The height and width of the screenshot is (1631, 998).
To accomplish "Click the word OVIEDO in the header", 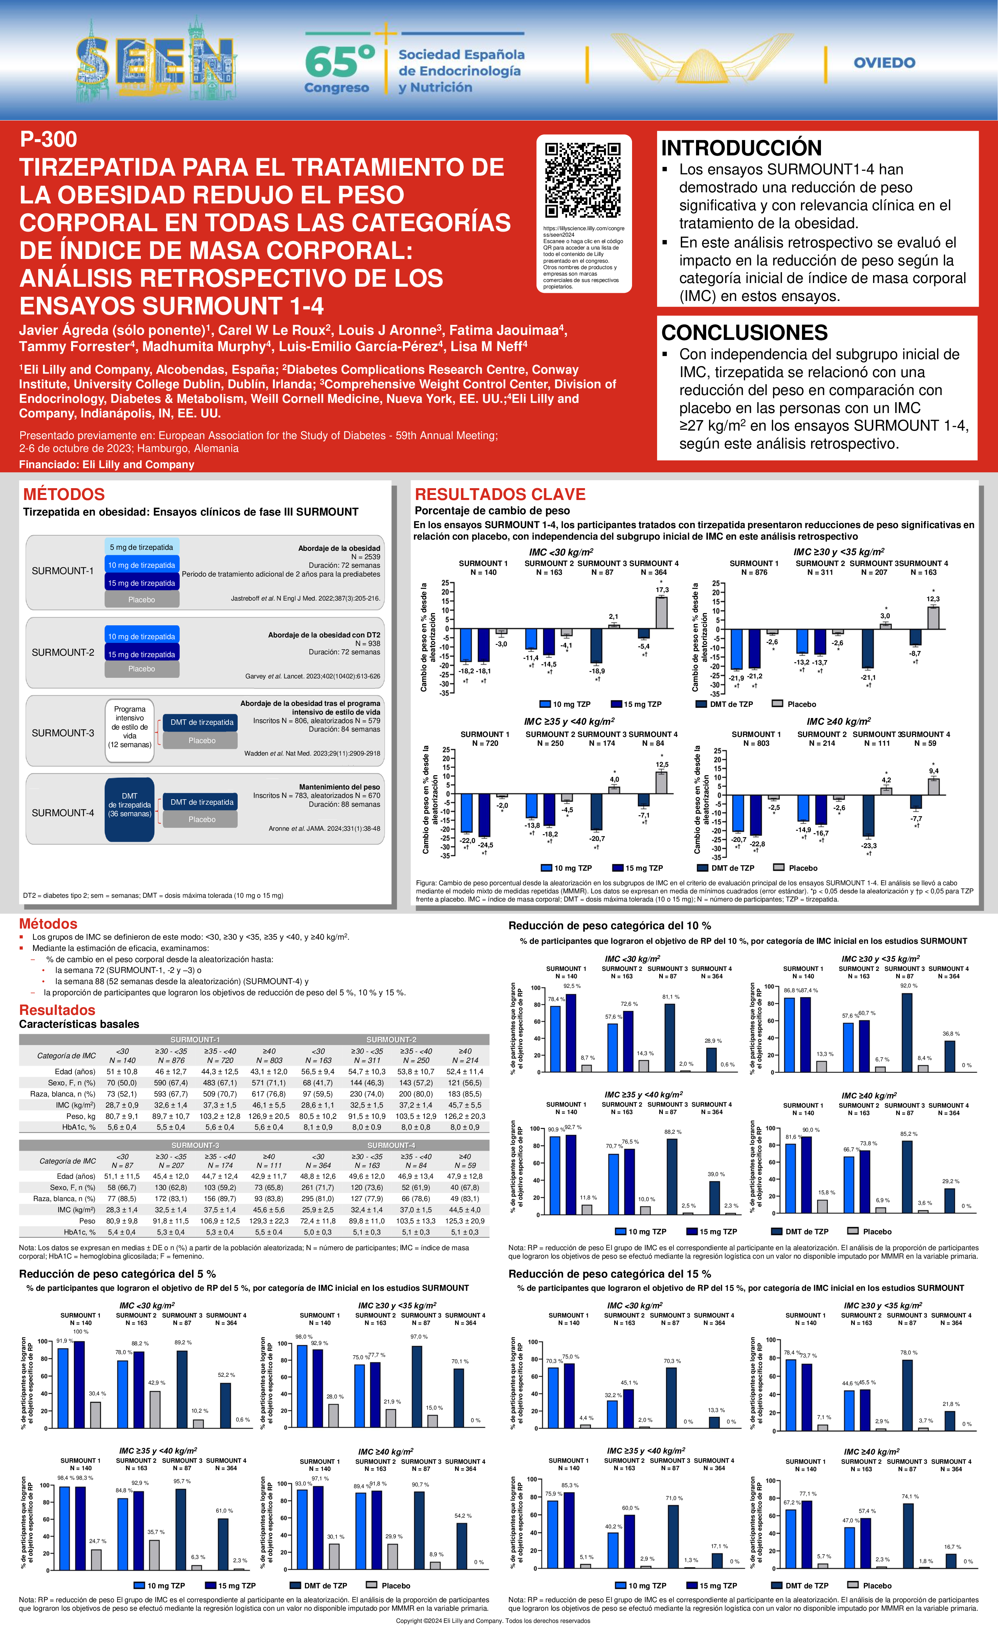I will (x=884, y=63).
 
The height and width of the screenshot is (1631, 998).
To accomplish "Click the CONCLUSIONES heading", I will (x=744, y=332).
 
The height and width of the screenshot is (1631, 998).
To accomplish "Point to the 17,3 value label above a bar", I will (x=662, y=590).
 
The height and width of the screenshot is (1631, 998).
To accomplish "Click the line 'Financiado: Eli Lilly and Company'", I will (x=107, y=465).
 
